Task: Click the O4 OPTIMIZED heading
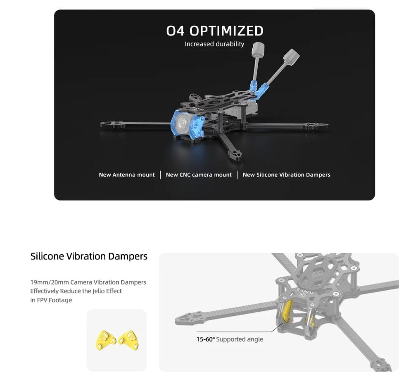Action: coord(215,31)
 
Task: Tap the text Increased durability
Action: coord(215,44)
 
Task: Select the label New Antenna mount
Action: coord(127,175)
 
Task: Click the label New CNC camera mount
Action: coord(199,175)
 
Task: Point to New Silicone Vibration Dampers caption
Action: coord(286,175)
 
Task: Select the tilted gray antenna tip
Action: coord(291,56)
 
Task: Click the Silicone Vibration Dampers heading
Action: coord(89,256)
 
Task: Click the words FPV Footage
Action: coord(55,300)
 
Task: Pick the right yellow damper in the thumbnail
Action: coord(128,340)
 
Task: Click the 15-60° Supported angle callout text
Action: coord(230,339)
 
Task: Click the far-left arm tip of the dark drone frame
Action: coord(102,124)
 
